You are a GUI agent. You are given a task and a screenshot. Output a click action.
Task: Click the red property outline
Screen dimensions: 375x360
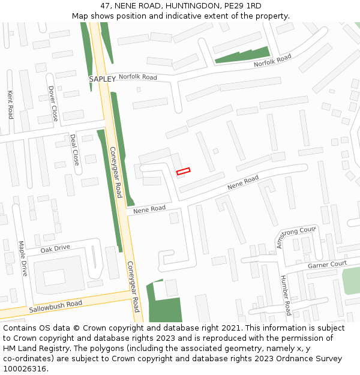(x=183, y=172)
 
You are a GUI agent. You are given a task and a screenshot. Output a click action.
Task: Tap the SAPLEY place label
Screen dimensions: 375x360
(x=102, y=79)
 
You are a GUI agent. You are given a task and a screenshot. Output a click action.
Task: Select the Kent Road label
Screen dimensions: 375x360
(x=10, y=104)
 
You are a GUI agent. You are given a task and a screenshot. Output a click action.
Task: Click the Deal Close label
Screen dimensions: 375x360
(x=74, y=149)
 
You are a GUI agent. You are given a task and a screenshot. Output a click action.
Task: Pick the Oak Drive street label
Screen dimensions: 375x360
(x=55, y=248)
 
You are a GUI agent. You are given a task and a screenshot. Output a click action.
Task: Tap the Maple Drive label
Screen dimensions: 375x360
(x=22, y=259)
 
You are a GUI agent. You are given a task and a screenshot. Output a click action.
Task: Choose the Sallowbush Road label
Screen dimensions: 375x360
(x=55, y=307)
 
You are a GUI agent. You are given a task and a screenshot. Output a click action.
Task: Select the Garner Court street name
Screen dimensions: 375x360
(x=327, y=264)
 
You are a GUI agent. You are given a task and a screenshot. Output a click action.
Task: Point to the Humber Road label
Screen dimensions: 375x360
(x=285, y=295)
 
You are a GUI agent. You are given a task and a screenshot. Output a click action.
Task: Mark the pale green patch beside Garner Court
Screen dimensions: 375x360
(x=351, y=280)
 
